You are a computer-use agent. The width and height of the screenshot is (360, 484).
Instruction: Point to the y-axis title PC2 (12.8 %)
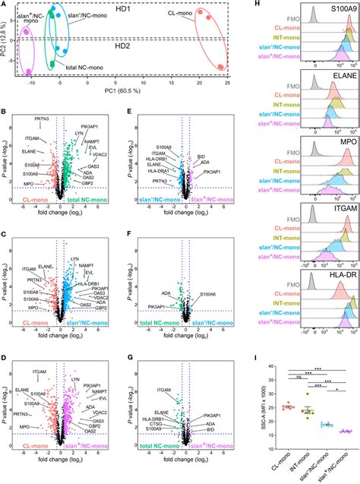point(7,40)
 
